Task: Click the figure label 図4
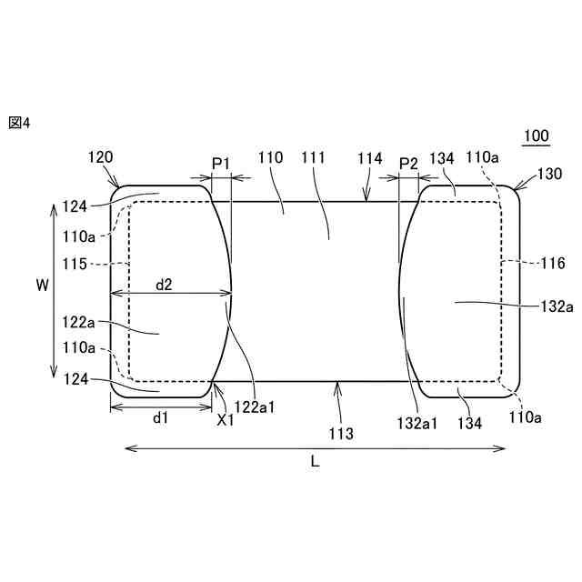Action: click(x=19, y=123)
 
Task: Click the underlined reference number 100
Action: click(x=537, y=136)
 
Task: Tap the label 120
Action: click(x=100, y=157)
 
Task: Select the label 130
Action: click(x=549, y=174)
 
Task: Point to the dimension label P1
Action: click(x=221, y=164)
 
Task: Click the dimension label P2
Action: click(x=408, y=164)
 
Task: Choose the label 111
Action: click(x=313, y=157)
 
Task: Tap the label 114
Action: click(x=370, y=158)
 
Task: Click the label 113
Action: click(x=341, y=433)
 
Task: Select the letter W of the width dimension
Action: click(x=43, y=285)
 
